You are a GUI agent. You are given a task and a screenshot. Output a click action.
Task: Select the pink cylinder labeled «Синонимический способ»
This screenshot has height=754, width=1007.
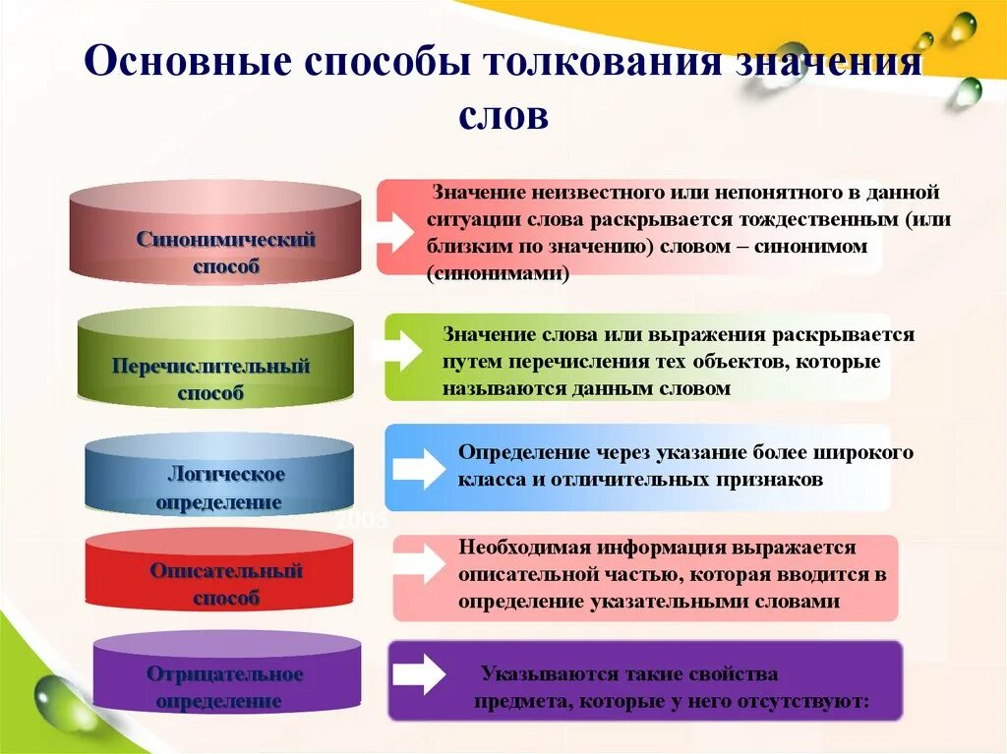[x=215, y=232]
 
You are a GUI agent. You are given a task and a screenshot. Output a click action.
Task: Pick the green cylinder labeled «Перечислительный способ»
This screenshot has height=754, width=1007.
[x=215, y=360]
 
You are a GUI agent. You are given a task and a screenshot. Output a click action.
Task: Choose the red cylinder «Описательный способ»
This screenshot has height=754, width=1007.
[x=219, y=572]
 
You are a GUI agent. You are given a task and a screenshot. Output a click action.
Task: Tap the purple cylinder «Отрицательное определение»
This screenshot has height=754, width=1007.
[x=225, y=674]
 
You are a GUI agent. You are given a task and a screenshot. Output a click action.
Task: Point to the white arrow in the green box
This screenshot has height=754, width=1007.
[x=404, y=350]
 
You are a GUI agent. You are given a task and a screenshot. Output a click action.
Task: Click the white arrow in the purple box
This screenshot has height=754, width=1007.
[x=419, y=674]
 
